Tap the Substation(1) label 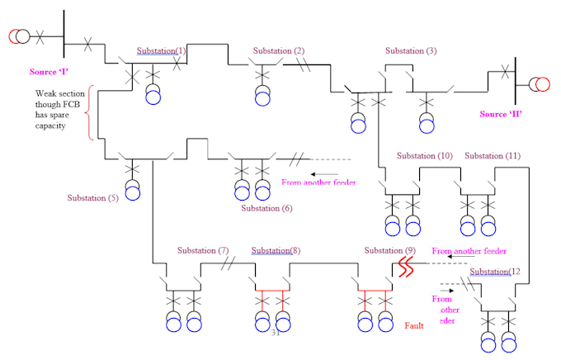(161, 51)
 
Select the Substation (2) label (278, 51)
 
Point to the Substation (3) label (411, 51)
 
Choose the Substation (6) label (266, 208)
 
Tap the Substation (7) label (202, 250)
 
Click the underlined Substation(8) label (276, 250)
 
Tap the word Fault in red (413, 326)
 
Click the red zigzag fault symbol (405, 266)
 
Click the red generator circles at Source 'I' (18, 36)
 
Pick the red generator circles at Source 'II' (538, 84)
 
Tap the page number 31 (276, 333)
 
